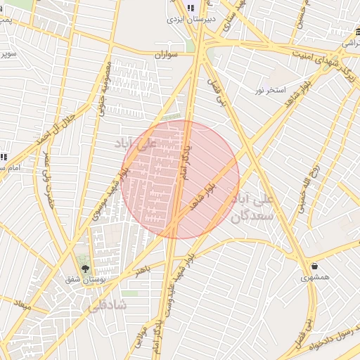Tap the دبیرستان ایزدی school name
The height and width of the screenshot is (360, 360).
191,19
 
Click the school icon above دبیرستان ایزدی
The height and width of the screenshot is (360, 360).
191,8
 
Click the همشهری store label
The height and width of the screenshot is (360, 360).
314,278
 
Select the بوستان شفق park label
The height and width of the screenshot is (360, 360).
89,281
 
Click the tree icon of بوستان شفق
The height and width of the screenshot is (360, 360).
86,269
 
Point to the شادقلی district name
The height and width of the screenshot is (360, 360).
108,305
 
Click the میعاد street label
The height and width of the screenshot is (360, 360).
23,307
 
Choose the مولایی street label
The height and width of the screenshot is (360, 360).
141,330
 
